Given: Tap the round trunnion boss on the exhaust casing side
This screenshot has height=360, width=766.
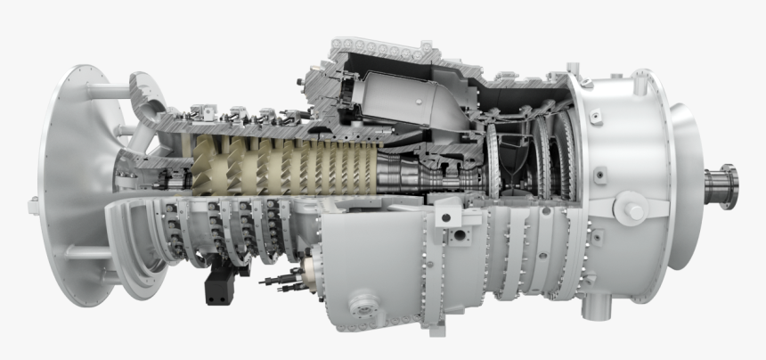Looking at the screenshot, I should click(633, 211).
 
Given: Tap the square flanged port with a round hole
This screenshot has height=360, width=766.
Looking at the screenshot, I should click(460, 237).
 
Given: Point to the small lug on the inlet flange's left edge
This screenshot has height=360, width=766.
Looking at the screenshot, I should click(34, 205).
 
